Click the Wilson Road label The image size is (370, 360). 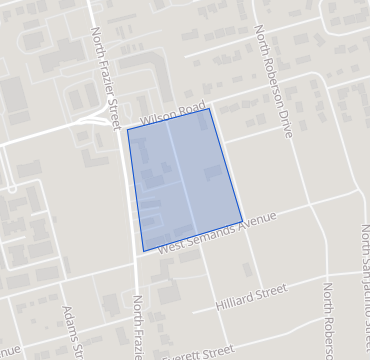(173, 112)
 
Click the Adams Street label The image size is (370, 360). (71, 331)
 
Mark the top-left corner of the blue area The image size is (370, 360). (128, 129)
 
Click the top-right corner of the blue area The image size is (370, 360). (209, 108)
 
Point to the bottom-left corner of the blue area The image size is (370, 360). (143, 250)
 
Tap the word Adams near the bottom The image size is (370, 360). (68, 320)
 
